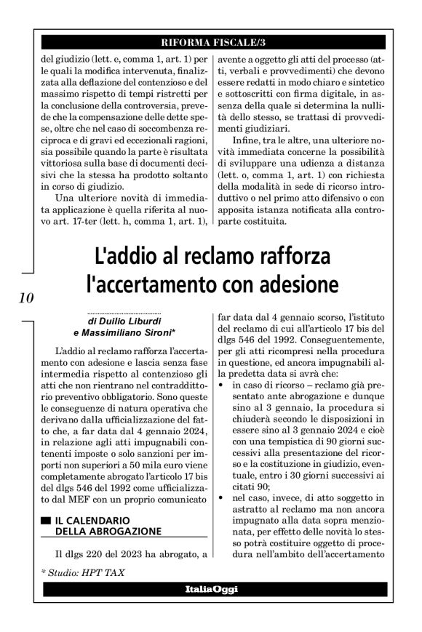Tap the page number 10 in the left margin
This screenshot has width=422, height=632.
23,297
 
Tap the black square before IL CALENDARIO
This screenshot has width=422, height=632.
46,521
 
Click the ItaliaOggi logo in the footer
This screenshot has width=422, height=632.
210,588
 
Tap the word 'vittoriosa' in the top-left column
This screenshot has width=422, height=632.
64,144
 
